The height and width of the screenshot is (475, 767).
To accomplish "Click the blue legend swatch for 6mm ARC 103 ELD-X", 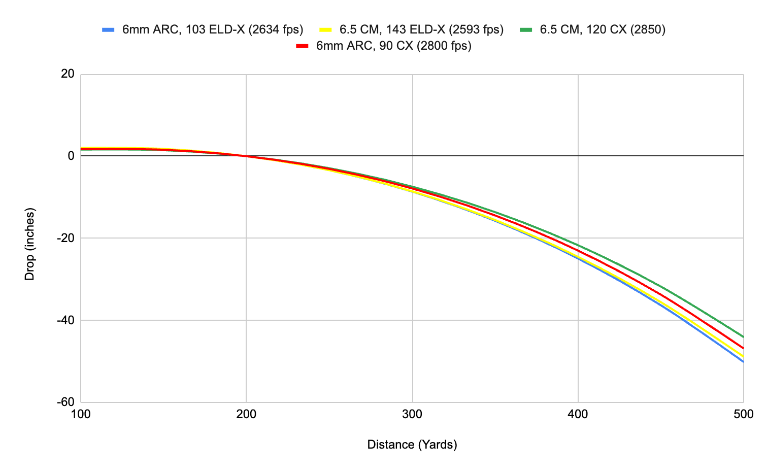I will coord(109,30).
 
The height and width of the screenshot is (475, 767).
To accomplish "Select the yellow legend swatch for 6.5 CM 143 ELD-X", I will coord(326,30).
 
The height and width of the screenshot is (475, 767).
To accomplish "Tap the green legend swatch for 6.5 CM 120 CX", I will coord(526,30).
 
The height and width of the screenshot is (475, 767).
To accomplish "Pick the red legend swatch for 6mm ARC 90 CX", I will coord(303,46).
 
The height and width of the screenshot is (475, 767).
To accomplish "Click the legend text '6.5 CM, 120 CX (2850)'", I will coord(603,29).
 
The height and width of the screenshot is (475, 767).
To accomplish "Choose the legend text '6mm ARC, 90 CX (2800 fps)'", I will coord(393,46).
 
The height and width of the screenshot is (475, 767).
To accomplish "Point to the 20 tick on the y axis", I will coord(68,74).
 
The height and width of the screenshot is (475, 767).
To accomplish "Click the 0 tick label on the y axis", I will coord(71,156).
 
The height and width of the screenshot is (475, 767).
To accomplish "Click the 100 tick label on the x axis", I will coord(81,414).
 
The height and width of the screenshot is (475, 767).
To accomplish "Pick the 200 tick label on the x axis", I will coord(246,414).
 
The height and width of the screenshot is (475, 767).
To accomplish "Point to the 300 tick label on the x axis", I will coord(412,414).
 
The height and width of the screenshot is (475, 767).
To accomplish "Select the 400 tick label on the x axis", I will coord(578,414).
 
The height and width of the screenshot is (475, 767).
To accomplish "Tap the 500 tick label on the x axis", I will coord(744,414).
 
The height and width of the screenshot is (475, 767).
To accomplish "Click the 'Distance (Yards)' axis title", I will coord(412,445).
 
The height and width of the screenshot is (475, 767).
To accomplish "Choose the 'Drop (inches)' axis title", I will coord(30,244).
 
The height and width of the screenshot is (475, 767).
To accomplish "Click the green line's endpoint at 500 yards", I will coord(743,337).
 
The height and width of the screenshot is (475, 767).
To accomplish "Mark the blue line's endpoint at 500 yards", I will coord(743,361).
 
